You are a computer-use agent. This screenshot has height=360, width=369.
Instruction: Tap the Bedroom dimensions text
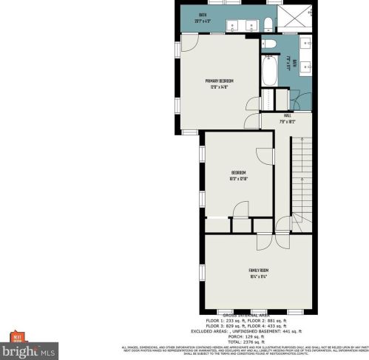point(238,178)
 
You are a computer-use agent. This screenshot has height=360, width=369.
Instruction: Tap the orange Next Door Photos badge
point(16,338)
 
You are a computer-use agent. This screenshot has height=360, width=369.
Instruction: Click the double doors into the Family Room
point(265,241)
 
